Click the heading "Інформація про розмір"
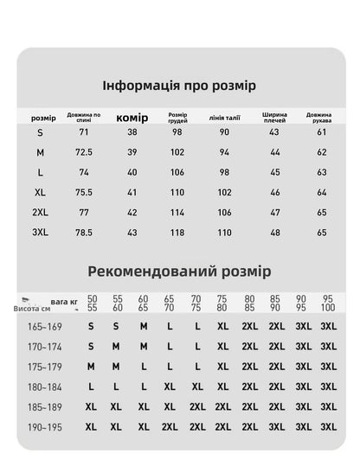point(179,86)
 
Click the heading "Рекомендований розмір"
point(179,272)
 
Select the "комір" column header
point(132,118)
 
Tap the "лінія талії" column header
point(224,118)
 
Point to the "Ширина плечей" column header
point(274,118)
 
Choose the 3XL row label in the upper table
point(40,232)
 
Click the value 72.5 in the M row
point(84,151)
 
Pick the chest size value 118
point(177,232)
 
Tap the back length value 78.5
point(84,232)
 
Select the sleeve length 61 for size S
point(321,131)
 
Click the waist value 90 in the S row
point(224,131)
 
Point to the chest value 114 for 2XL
point(177,212)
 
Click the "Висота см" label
point(32,308)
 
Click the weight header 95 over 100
point(328,303)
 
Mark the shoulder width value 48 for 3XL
point(274,232)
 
